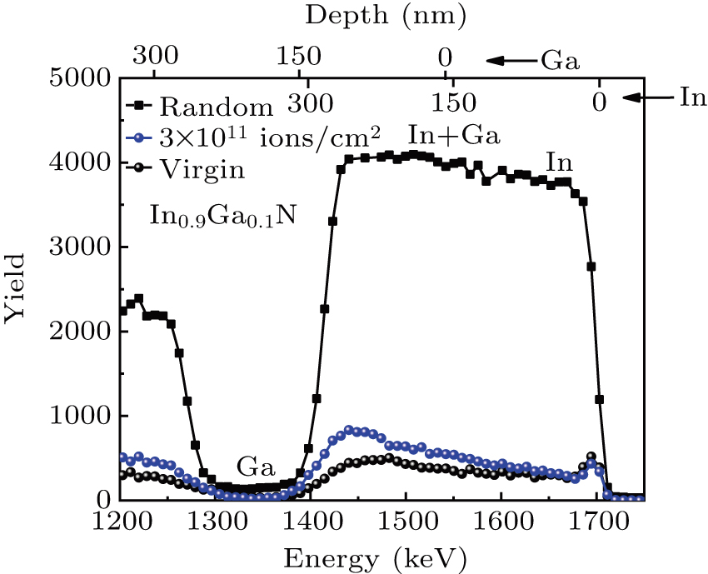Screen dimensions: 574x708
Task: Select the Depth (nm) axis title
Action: [386, 14]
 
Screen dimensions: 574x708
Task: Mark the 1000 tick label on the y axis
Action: [80, 417]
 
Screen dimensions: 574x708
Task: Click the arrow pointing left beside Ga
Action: [510, 61]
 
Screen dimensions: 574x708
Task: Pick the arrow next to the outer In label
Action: [646, 98]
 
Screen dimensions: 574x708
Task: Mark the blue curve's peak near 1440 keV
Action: [350, 430]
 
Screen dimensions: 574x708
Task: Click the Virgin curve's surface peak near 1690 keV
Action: [591, 457]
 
